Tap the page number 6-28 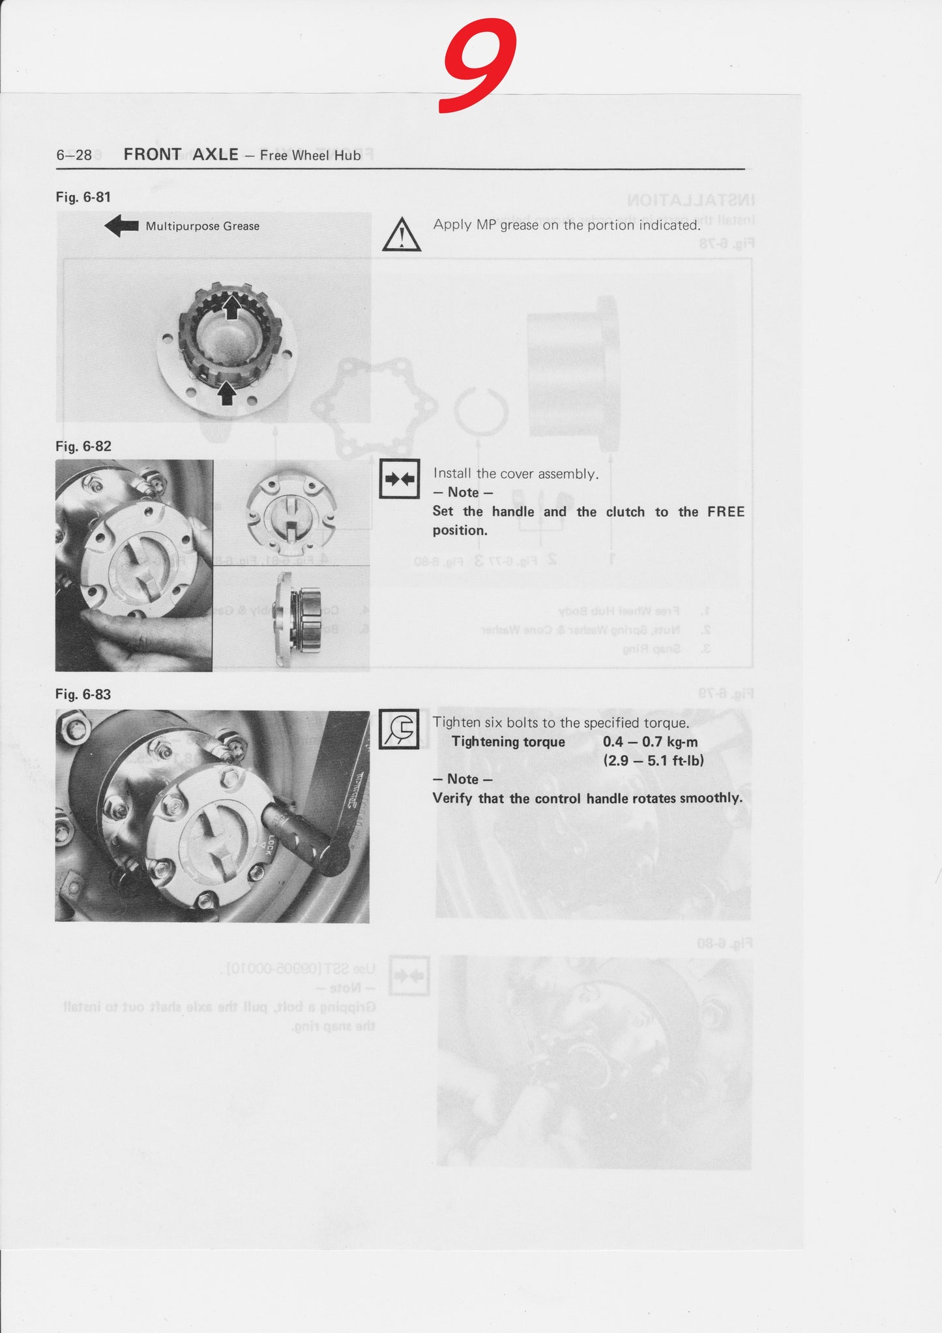[74, 155]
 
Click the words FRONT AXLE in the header [181, 155]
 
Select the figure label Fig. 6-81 [83, 197]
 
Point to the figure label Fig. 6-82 [83, 446]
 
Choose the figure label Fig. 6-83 [83, 694]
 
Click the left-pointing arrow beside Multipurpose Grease [121, 226]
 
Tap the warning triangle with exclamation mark [401, 235]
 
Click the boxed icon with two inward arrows [399, 480]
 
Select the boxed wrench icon [398, 729]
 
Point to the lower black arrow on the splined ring [226, 393]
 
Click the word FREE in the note [726, 512]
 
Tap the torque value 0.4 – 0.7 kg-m [650, 742]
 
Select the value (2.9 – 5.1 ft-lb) [653, 760]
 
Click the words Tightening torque [508, 742]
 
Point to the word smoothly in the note [711, 798]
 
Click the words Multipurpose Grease [202, 226]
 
